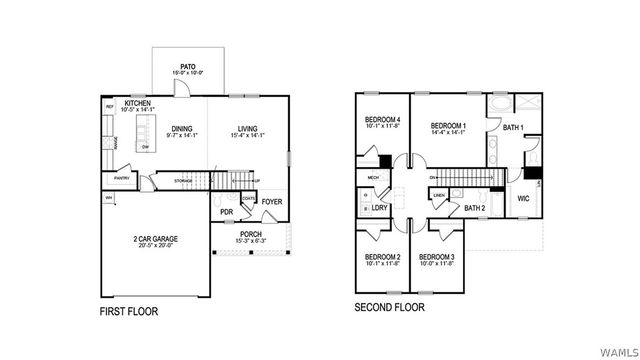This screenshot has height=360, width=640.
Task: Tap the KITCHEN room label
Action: [x=138, y=103]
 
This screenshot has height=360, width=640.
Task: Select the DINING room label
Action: [x=181, y=128]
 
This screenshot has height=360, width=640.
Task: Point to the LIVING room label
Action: [x=248, y=128]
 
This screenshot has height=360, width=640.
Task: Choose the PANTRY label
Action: [x=123, y=178]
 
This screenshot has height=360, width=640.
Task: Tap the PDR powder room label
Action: [x=227, y=212]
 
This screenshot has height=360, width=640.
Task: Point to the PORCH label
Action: [x=250, y=235]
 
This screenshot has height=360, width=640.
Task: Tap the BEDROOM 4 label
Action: [x=383, y=119]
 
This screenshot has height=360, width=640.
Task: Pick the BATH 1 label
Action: [x=514, y=128]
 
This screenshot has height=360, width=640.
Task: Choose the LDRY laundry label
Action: [x=380, y=207]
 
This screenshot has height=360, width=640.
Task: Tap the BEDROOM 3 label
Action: [x=437, y=257]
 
